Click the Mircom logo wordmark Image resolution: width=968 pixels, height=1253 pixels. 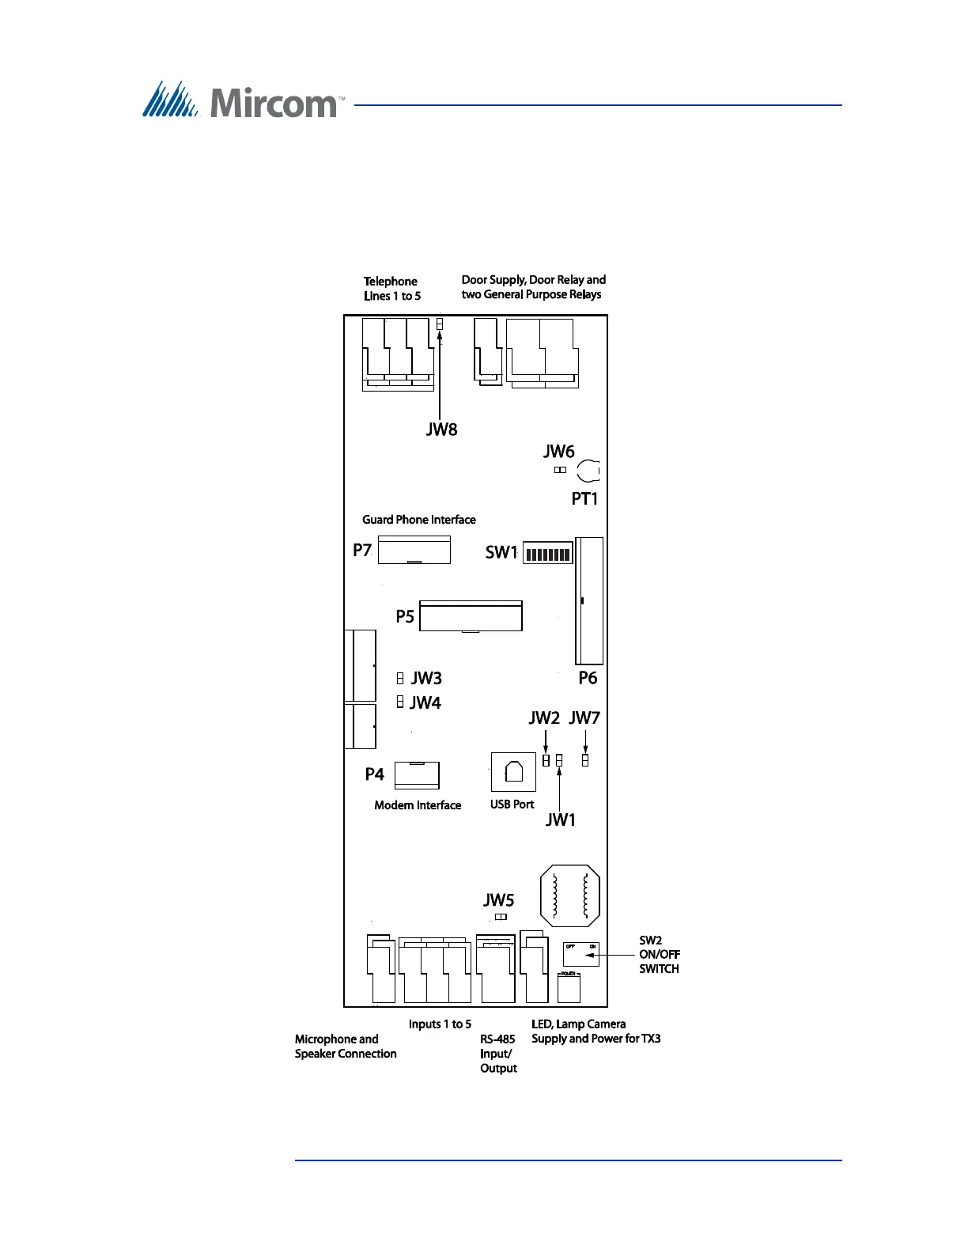(273, 103)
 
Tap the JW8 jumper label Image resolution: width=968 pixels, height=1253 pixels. (441, 430)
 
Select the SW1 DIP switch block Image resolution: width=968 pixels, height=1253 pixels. (547, 554)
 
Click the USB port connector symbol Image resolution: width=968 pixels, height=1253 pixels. (513, 771)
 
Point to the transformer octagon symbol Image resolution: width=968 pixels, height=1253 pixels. (569, 895)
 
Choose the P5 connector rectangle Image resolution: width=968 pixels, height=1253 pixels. (471, 616)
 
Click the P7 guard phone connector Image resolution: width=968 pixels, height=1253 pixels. (414, 550)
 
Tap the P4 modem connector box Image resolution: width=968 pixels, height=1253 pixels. (417, 775)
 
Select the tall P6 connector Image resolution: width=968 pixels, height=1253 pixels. (589, 601)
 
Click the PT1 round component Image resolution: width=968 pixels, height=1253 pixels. (588, 471)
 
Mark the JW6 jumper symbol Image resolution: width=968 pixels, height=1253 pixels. (560, 470)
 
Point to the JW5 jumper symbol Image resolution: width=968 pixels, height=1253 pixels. (501, 917)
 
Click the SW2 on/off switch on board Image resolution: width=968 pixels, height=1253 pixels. (580, 954)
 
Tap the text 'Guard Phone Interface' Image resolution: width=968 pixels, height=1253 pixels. (419, 520)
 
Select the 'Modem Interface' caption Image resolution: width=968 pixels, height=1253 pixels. (418, 805)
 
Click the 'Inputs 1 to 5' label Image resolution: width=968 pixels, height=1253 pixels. (440, 1024)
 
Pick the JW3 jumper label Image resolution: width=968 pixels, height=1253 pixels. (426, 678)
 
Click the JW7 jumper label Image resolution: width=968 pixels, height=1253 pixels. (584, 717)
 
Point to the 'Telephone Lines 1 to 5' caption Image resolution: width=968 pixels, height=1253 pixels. (392, 289)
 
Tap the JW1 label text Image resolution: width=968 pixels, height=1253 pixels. (561, 820)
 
